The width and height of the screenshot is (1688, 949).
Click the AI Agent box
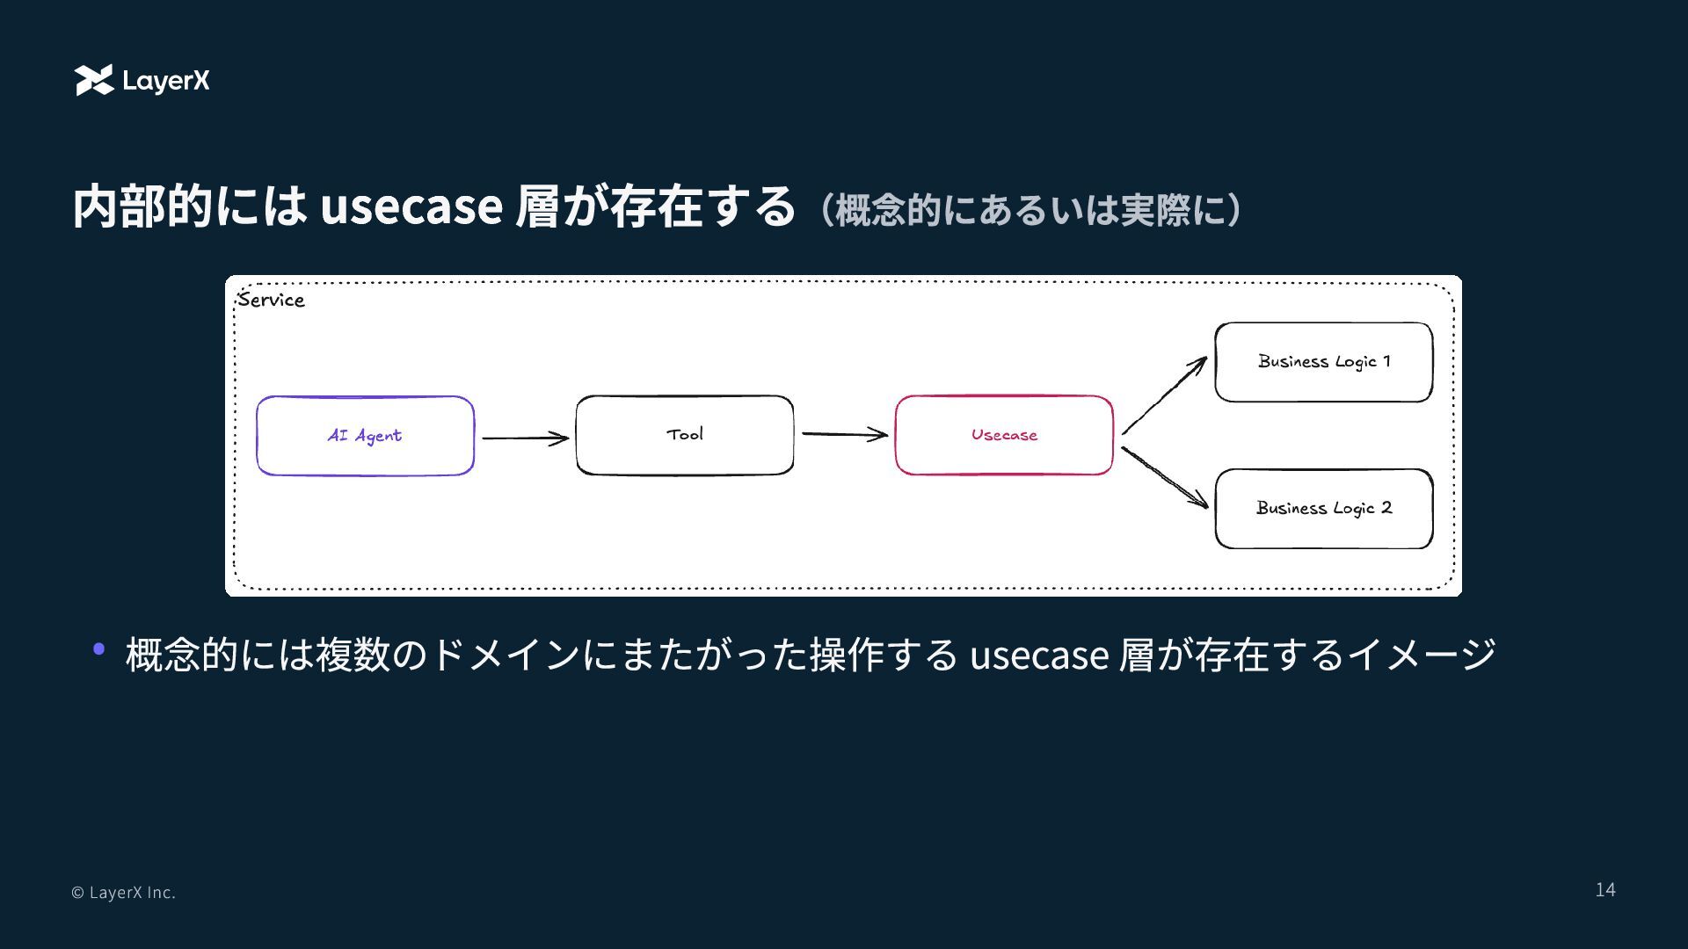365,436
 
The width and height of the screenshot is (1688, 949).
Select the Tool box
684,435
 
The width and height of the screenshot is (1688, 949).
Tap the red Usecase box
1004,435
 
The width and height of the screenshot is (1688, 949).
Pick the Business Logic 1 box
1323,362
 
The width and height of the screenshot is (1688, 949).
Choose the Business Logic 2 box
1323,509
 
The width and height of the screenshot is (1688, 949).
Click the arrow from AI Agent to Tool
525,438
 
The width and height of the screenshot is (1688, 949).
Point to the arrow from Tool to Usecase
844,434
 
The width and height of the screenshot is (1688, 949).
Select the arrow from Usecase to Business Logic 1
1164,396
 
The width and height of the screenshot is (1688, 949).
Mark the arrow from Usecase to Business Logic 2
1164,477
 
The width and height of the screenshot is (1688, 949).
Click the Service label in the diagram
271,301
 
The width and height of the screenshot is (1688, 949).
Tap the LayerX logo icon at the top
94,80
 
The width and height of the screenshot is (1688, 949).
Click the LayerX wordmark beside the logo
166,81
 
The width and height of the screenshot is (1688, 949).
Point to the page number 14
1604,890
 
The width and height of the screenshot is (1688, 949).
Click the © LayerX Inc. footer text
123,893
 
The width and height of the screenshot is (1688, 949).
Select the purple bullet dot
99,649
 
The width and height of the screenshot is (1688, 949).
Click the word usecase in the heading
411,206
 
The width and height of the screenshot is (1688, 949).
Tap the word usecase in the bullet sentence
1038,655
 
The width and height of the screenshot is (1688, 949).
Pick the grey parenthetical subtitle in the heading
1030,210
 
